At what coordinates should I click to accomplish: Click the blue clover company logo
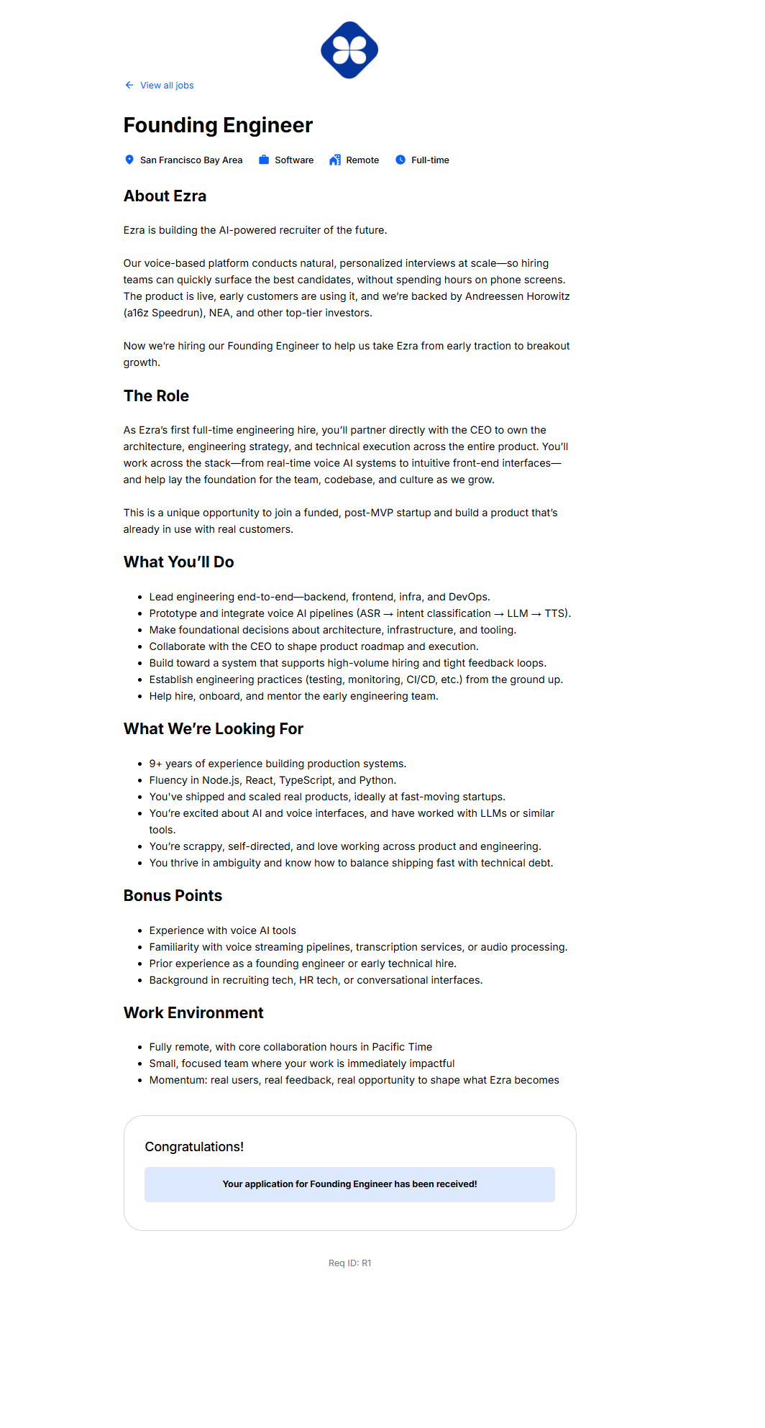pyautogui.click(x=349, y=50)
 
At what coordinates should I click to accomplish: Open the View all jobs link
pyautogui.click(x=166, y=86)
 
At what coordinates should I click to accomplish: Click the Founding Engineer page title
pyautogui.click(x=218, y=125)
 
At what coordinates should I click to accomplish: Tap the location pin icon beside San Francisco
pyautogui.click(x=129, y=160)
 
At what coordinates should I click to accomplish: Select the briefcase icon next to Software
pyautogui.click(x=264, y=160)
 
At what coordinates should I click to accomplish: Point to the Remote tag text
pyautogui.click(x=362, y=160)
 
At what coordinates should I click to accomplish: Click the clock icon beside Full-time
pyautogui.click(x=400, y=160)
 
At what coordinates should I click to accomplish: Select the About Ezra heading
pyautogui.click(x=165, y=196)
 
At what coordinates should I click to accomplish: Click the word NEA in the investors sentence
pyautogui.click(x=219, y=313)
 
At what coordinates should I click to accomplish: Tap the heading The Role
pyautogui.click(x=156, y=396)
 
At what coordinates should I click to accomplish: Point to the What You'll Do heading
pyautogui.click(x=178, y=562)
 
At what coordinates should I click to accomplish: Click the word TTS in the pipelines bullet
pyautogui.click(x=555, y=613)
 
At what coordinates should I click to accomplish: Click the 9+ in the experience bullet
pyautogui.click(x=155, y=764)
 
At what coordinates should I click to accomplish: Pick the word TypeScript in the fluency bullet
pyautogui.click(x=306, y=780)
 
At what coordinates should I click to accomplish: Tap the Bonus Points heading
pyautogui.click(x=173, y=896)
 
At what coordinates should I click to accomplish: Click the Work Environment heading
pyautogui.click(x=193, y=1013)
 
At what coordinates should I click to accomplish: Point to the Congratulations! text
pyautogui.click(x=194, y=1147)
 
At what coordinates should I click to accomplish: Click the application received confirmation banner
pyautogui.click(x=349, y=1184)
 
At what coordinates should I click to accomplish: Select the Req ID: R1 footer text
pyautogui.click(x=349, y=1263)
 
